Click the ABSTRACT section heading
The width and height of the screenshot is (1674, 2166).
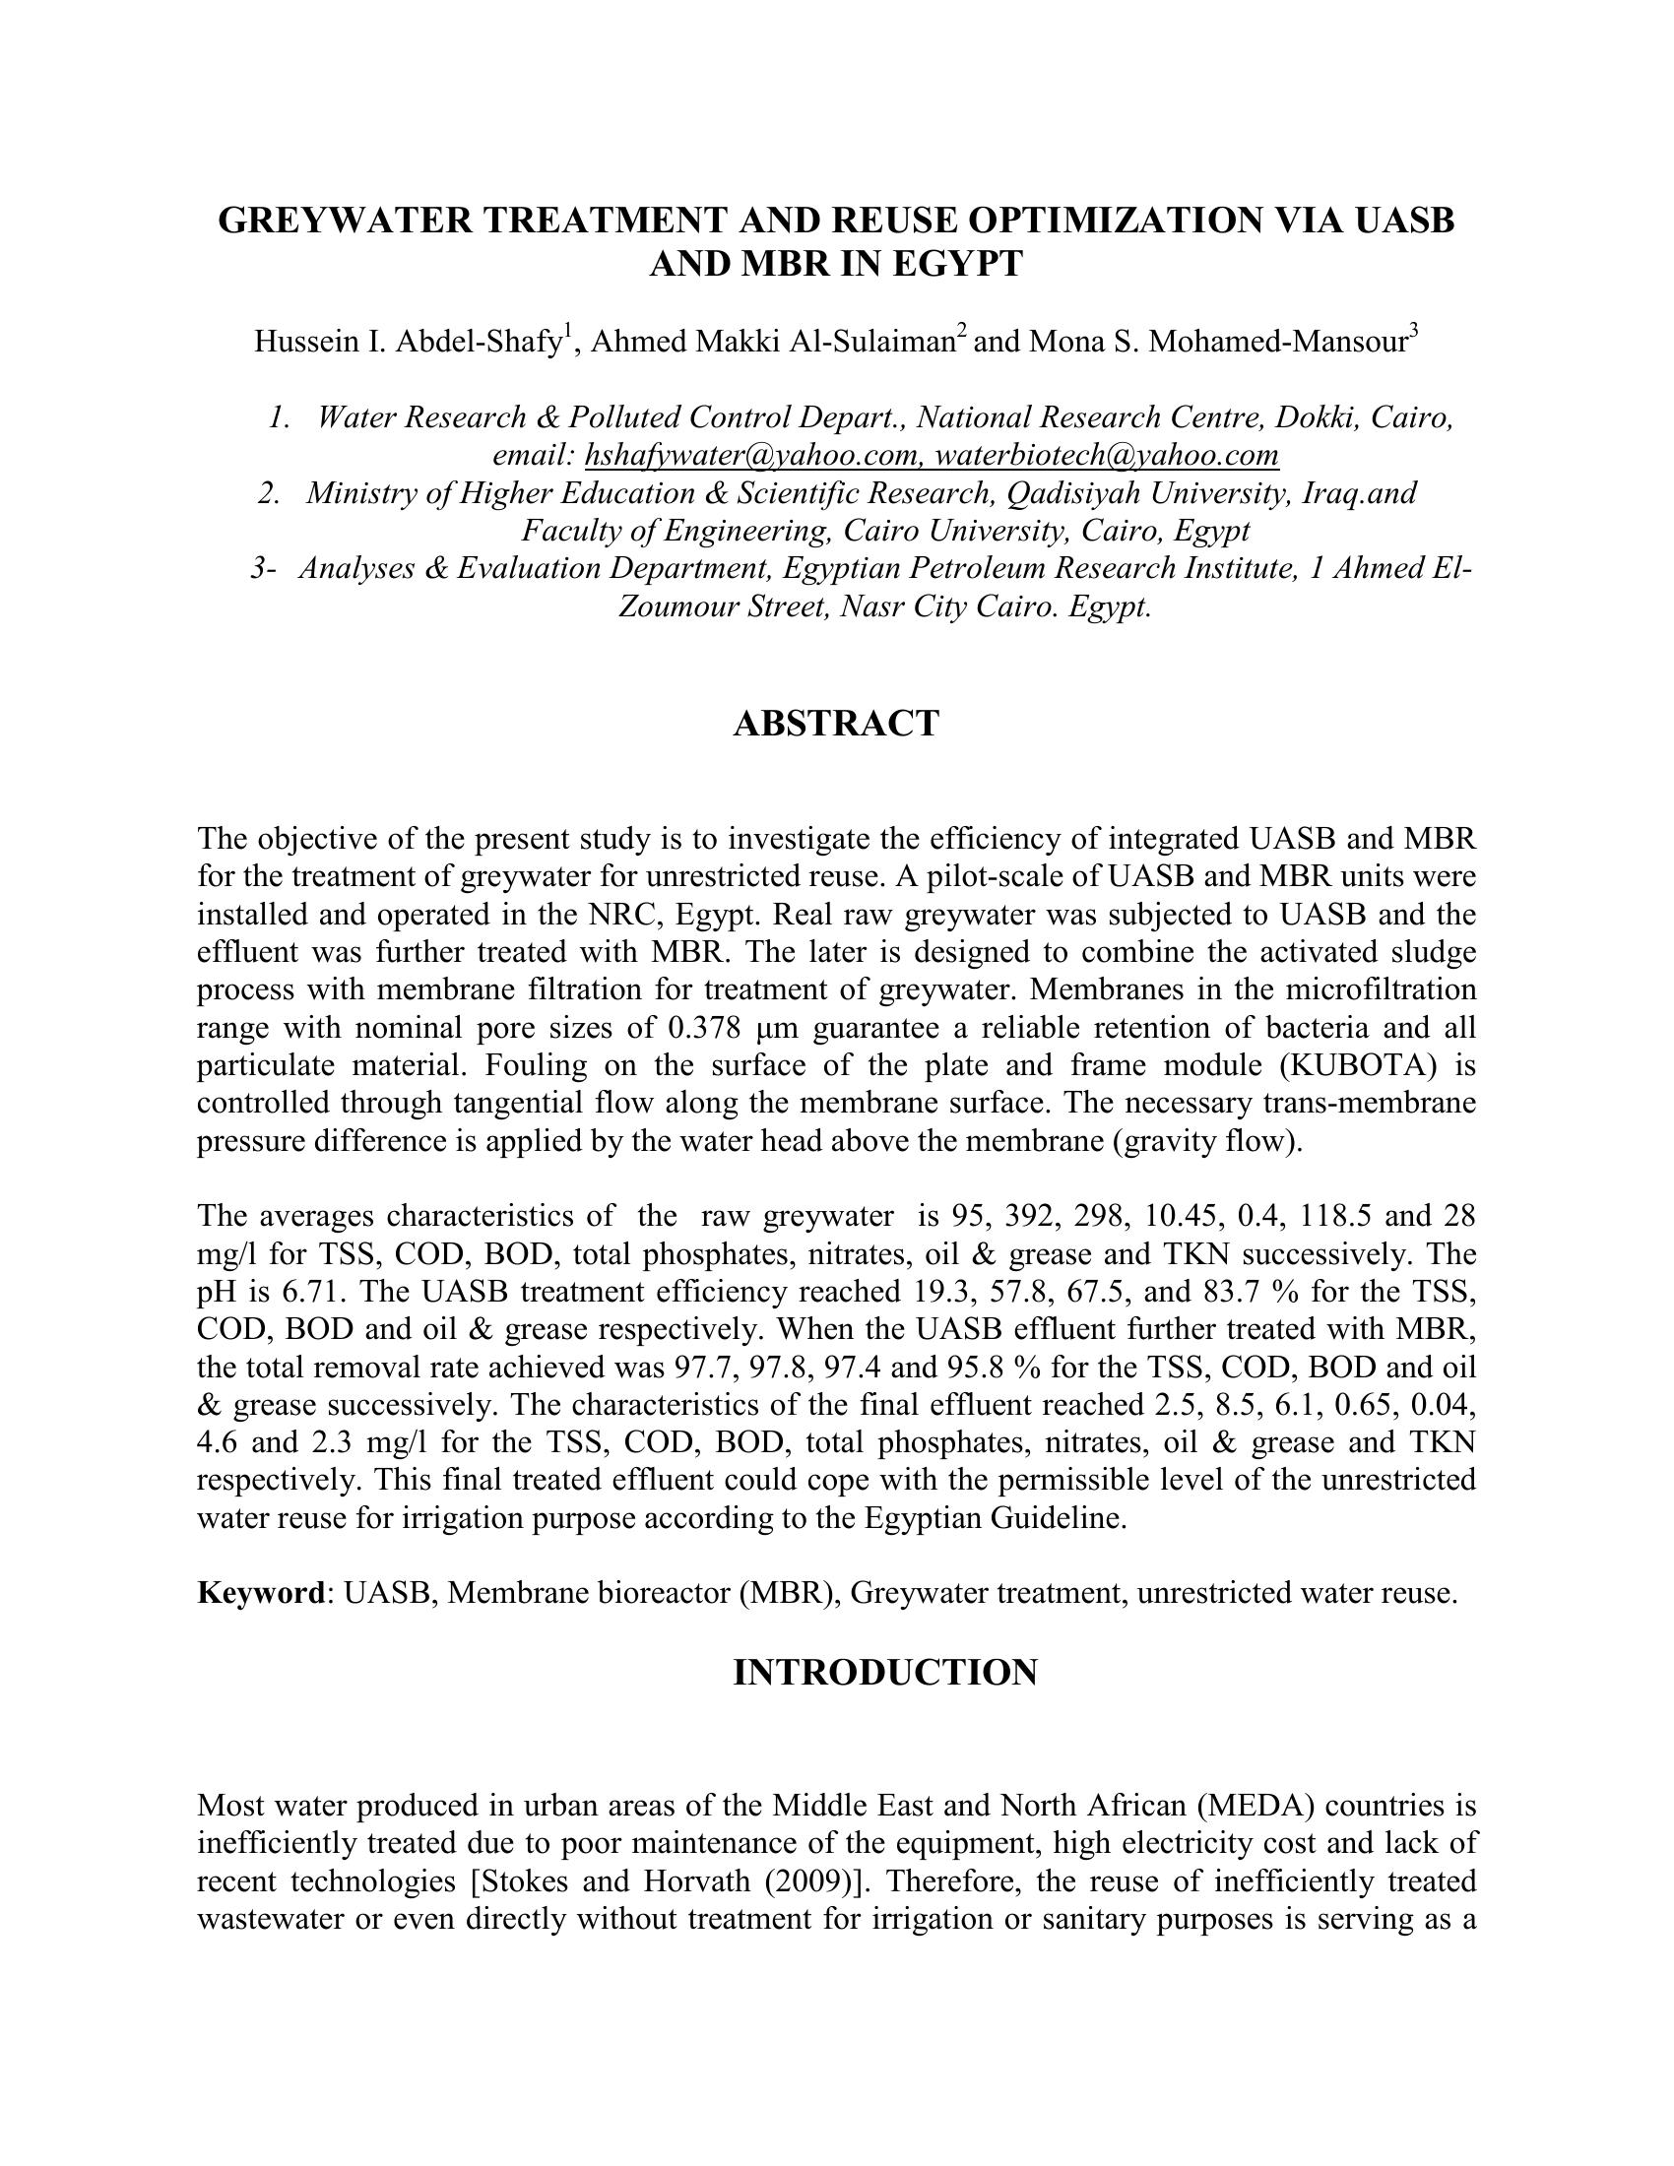[836, 723]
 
